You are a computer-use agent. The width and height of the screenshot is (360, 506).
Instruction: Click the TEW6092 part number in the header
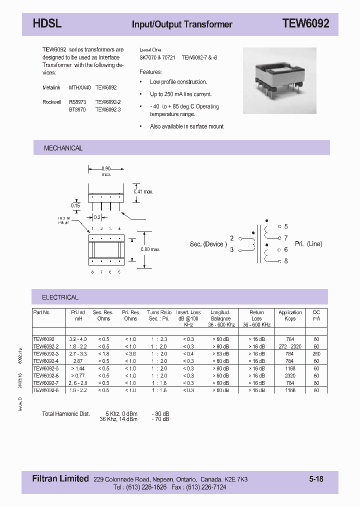click(305, 23)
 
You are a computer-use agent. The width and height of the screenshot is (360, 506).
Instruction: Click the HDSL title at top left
click(47, 23)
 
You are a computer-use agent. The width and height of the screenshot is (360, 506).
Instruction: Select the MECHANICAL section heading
click(63, 148)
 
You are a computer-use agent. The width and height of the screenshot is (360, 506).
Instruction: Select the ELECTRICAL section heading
click(60, 297)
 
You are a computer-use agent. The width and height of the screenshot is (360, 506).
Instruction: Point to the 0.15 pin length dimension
click(75, 205)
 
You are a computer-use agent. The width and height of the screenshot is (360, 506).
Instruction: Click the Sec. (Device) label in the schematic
click(208, 244)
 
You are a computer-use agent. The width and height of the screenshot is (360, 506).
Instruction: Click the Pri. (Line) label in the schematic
click(308, 244)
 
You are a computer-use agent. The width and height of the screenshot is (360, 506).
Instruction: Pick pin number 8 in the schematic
click(286, 260)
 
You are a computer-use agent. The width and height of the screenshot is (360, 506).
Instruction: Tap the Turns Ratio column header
click(159, 315)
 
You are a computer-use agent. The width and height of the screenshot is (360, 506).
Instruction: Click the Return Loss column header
click(256, 315)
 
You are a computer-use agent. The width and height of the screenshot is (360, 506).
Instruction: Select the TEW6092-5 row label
click(46, 368)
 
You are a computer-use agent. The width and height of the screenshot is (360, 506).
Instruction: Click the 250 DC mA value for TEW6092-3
click(316, 353)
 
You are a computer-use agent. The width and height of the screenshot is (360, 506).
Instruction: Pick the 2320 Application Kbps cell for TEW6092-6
click(289, 375)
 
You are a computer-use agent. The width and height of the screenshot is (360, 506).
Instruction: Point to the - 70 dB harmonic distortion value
click(160, 419)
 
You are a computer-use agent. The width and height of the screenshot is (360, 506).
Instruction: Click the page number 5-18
click(316, 479)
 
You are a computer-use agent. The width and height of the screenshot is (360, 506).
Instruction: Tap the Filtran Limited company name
click(57, 479)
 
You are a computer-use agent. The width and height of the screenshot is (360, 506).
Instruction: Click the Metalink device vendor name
click(51, 87)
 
